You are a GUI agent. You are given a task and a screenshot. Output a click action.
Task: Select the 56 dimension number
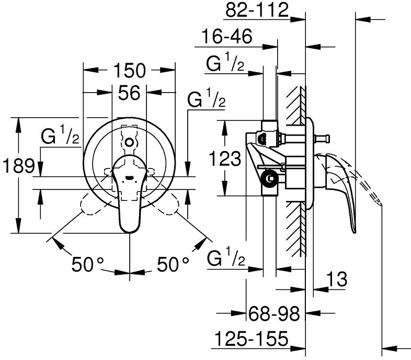[x=129, y=93]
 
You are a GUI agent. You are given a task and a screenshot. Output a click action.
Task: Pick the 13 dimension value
[x=338, y=279]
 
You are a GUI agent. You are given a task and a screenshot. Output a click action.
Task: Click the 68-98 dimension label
[x=273, y=314]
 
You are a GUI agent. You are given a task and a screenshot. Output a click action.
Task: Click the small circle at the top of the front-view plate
[x=129, y=141]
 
